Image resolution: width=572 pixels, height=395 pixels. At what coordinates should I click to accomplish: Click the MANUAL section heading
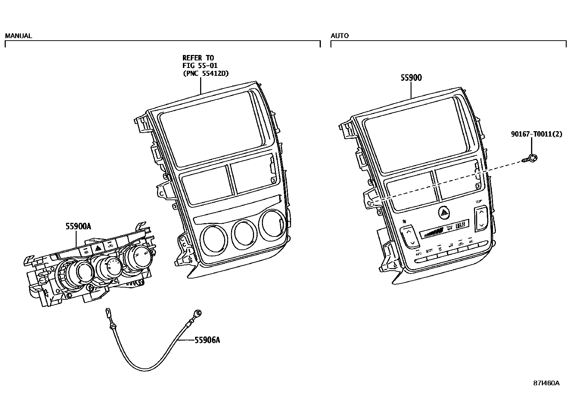(x=18, y=36)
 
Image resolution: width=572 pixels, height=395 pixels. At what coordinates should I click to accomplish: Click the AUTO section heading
(x=340, y=36)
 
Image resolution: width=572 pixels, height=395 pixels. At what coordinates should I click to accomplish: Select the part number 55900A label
(x=78, y=226)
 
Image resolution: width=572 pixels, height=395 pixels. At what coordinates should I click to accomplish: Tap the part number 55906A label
(x=207, y=340)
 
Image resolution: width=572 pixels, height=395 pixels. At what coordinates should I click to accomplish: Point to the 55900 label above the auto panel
(x=411, y=78)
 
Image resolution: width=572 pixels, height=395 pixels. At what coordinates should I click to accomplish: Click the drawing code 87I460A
(x=546, y=383)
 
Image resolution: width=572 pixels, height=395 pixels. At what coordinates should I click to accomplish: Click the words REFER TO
(x=198, y=58)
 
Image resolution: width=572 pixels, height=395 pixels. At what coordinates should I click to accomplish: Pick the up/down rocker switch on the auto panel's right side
(x=481, y=218)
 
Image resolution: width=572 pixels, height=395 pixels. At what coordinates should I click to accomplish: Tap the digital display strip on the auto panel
(x=444, y=229)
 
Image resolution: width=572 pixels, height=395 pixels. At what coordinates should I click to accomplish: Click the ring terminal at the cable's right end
(x=197, y=313)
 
